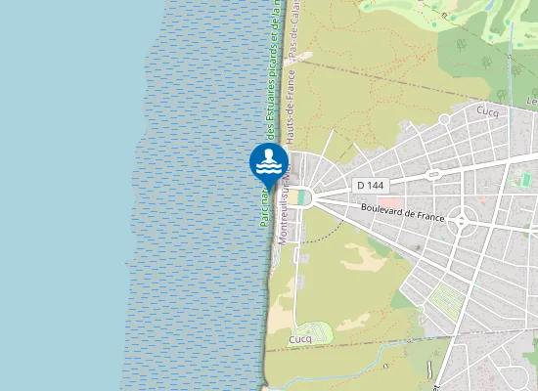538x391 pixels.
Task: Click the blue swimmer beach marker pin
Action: coord(269,162)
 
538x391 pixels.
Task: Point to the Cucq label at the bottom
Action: coord(300,339)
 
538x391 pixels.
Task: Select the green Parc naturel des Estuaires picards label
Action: coord(266,117)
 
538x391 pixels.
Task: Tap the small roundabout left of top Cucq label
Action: coord(443,119)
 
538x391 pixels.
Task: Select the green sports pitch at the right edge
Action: coord(525,181)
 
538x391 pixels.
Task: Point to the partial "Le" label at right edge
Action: coord(532,102)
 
